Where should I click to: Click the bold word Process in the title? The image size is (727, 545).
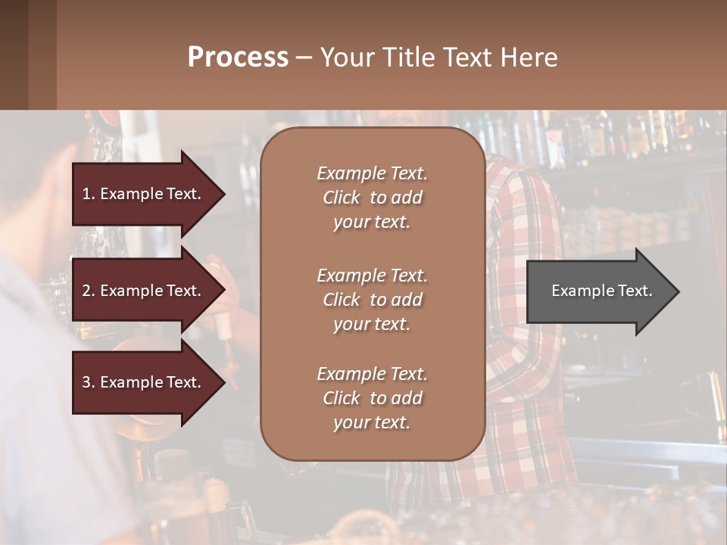[x=238, y=57]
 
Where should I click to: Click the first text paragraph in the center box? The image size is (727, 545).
[x=372, y=198]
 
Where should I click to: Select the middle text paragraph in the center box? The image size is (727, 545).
[x=372, y=299]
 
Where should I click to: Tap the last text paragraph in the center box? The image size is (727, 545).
[x=372, y=398]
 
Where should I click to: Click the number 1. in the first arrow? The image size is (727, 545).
[x=89, y=194]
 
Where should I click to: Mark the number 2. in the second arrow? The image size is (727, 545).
[x=89, y=291]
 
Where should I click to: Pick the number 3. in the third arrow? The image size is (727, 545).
[x=89, y=382]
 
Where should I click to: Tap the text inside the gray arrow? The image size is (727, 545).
[x=601, y=291]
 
